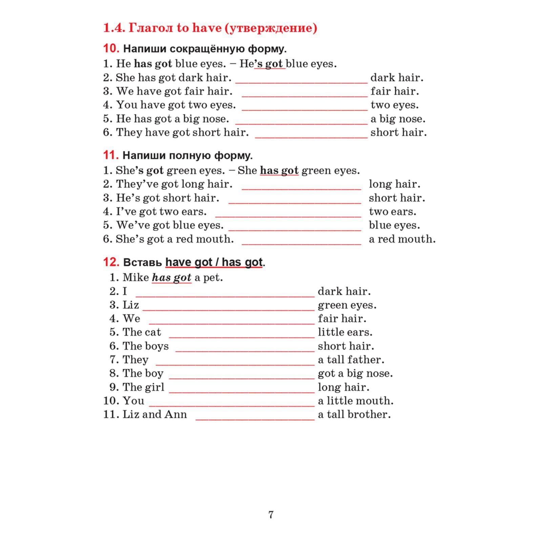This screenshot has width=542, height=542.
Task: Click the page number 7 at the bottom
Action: tap(271, 515)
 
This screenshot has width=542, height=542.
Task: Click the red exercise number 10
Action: tap(111, 48)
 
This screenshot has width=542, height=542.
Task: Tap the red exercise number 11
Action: tap(111, 155)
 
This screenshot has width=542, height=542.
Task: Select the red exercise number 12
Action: tap(111, 262)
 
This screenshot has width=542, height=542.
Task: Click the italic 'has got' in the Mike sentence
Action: tap(171, 277)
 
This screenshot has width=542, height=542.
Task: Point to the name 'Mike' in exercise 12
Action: tap(135, 277)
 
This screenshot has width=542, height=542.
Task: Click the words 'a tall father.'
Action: tap(351, 359)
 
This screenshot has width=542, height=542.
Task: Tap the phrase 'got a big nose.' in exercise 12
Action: tap(355, 373)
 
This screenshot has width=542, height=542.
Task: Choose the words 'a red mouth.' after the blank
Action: tap(402, 239)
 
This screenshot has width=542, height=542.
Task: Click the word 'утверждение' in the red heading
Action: tap(271, 28)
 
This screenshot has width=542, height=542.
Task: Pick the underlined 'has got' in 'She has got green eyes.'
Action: tap(279, 170)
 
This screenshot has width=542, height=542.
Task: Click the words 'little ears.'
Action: tap(345, 332)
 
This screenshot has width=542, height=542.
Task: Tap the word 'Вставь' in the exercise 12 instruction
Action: tap(142, 262)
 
